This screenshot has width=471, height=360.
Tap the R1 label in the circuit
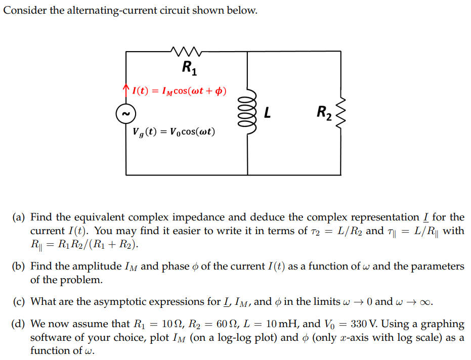(188, 66)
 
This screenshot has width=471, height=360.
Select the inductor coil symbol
(248, 112)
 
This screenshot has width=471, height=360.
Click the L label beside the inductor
(267, 113)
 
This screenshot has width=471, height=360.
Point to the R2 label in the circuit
(324, 112)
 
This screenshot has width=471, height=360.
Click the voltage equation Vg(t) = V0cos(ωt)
(174, 132)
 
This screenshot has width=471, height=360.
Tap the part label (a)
(20, 217)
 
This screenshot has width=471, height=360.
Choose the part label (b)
(20, 266)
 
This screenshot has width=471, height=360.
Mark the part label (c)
(20, 302)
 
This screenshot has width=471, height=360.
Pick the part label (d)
(20, 324)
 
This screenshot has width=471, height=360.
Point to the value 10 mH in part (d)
(281, 324)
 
